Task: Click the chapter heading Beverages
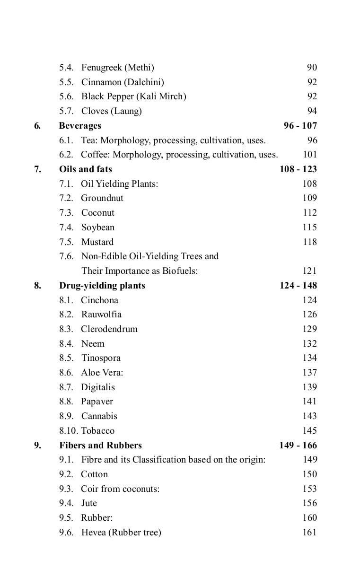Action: tap(80, 126)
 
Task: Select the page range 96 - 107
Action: tap(300, 126)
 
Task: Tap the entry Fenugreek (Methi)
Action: tap(117, 68)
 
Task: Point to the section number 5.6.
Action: tap(66, 96)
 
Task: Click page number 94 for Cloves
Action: tap(312, 111)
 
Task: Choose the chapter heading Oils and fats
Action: tap(85, 169)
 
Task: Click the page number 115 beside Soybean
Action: tap(309, 227)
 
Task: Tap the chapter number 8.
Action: tap(37, 286)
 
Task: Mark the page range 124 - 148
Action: tap(298, 286)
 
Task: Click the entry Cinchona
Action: tap(99, 300)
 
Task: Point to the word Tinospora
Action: tap(101, 358)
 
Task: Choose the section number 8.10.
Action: tap(69, 431)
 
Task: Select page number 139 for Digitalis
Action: tap(309, 387)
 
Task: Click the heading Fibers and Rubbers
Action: tap(100, 446)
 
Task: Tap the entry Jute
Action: tap(89, 503)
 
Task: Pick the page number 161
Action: tap(309, 533)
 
